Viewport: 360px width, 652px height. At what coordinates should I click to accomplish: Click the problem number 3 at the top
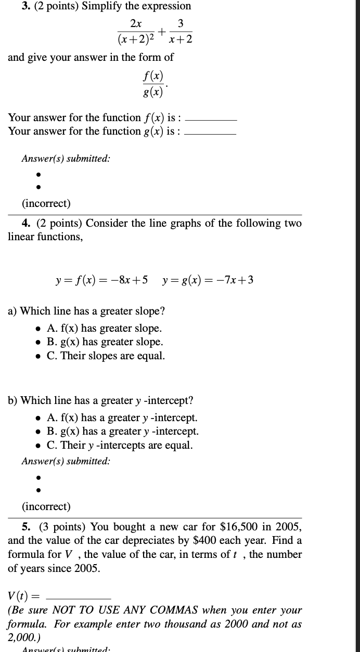tap(11, 6)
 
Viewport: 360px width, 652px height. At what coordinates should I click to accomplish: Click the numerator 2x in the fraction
tap(136, 23)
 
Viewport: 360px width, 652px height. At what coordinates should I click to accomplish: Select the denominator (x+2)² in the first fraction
tap(136, 38)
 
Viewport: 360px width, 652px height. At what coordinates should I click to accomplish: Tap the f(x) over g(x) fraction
tap(152, 84)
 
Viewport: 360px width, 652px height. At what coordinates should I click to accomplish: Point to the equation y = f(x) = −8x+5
tap(101, 280)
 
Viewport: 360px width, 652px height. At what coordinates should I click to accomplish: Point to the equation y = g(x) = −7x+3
tap(208, 280)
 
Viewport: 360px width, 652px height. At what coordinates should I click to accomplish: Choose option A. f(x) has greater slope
tap(104, 329)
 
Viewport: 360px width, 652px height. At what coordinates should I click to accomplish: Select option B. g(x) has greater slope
tap(105, 342)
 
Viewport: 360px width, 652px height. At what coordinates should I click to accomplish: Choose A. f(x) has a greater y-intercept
tap(122, 418)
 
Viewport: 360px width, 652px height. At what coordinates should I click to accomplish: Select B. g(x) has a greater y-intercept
tap(122, 432)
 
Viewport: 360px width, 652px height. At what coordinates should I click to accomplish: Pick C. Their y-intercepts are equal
tap(119, 446)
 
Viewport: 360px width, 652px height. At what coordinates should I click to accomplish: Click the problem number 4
tap(25, 224)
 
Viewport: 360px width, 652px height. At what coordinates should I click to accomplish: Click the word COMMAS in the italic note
tap(170, 610)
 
